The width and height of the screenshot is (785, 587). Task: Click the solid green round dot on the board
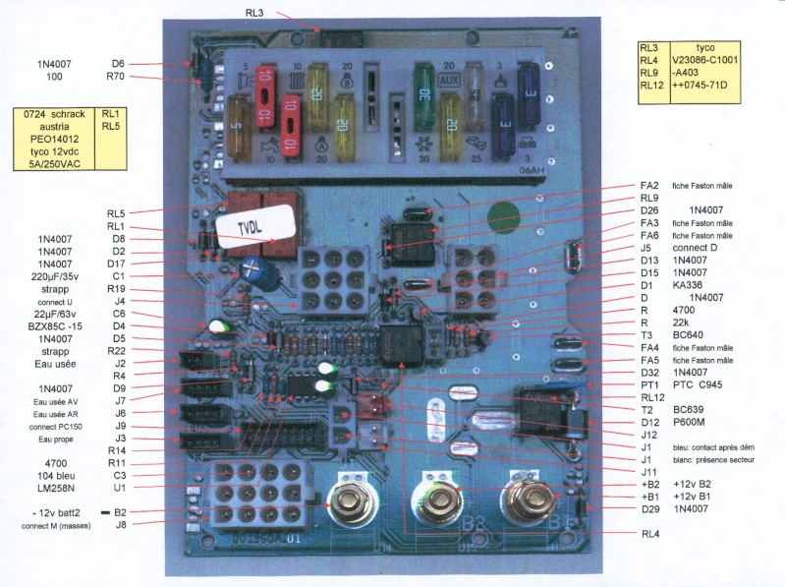pyautogui.click(x=501, y=214)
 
